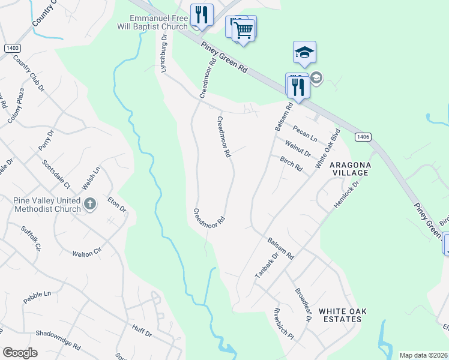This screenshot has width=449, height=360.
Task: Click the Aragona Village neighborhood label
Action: tap(350, 169)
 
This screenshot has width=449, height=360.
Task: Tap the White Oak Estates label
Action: tap(342, 315)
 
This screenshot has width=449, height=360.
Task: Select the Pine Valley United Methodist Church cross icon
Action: tap(90, 204)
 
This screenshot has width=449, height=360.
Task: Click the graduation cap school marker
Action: tap(304, 53)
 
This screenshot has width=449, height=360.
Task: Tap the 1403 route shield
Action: tap(12, 48)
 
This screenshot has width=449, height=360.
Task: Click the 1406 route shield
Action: tap(362, 137)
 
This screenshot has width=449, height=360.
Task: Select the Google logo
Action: tap(20, 353)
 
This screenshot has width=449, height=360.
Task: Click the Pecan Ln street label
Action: tap(305, 133)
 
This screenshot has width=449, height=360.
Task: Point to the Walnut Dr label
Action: tap(298, 148)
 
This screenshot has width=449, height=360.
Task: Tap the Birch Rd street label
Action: tap(291, 164)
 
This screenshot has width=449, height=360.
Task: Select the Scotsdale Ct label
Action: tap(56, 173)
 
